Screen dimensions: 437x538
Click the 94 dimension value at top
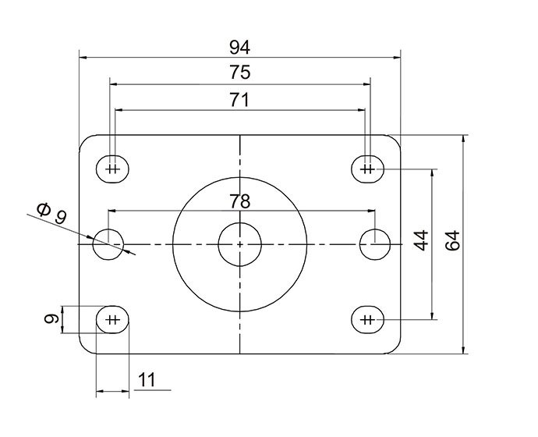(x=240, y=46)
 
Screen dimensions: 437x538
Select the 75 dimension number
(x=240, y=73)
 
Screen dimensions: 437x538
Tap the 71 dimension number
(x=240, y=99)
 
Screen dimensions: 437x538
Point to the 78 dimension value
(x=240, y=201)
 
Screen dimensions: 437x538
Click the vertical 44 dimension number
(x=422, y=240)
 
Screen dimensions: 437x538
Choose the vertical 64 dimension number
(x=453, y=240)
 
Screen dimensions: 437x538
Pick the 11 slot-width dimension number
(x=147, y=380)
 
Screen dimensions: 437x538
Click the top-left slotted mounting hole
(x=113, y=169)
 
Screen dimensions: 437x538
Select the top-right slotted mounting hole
(x=368, y=169)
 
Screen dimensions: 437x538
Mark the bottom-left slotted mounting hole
(x=113, y=318)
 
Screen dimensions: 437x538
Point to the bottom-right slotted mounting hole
(x=368, y=318)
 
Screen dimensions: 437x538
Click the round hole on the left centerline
(x=108, y=243)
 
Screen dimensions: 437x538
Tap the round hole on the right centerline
(x=374, y=243)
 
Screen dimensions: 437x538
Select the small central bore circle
(x=239, y=243)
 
